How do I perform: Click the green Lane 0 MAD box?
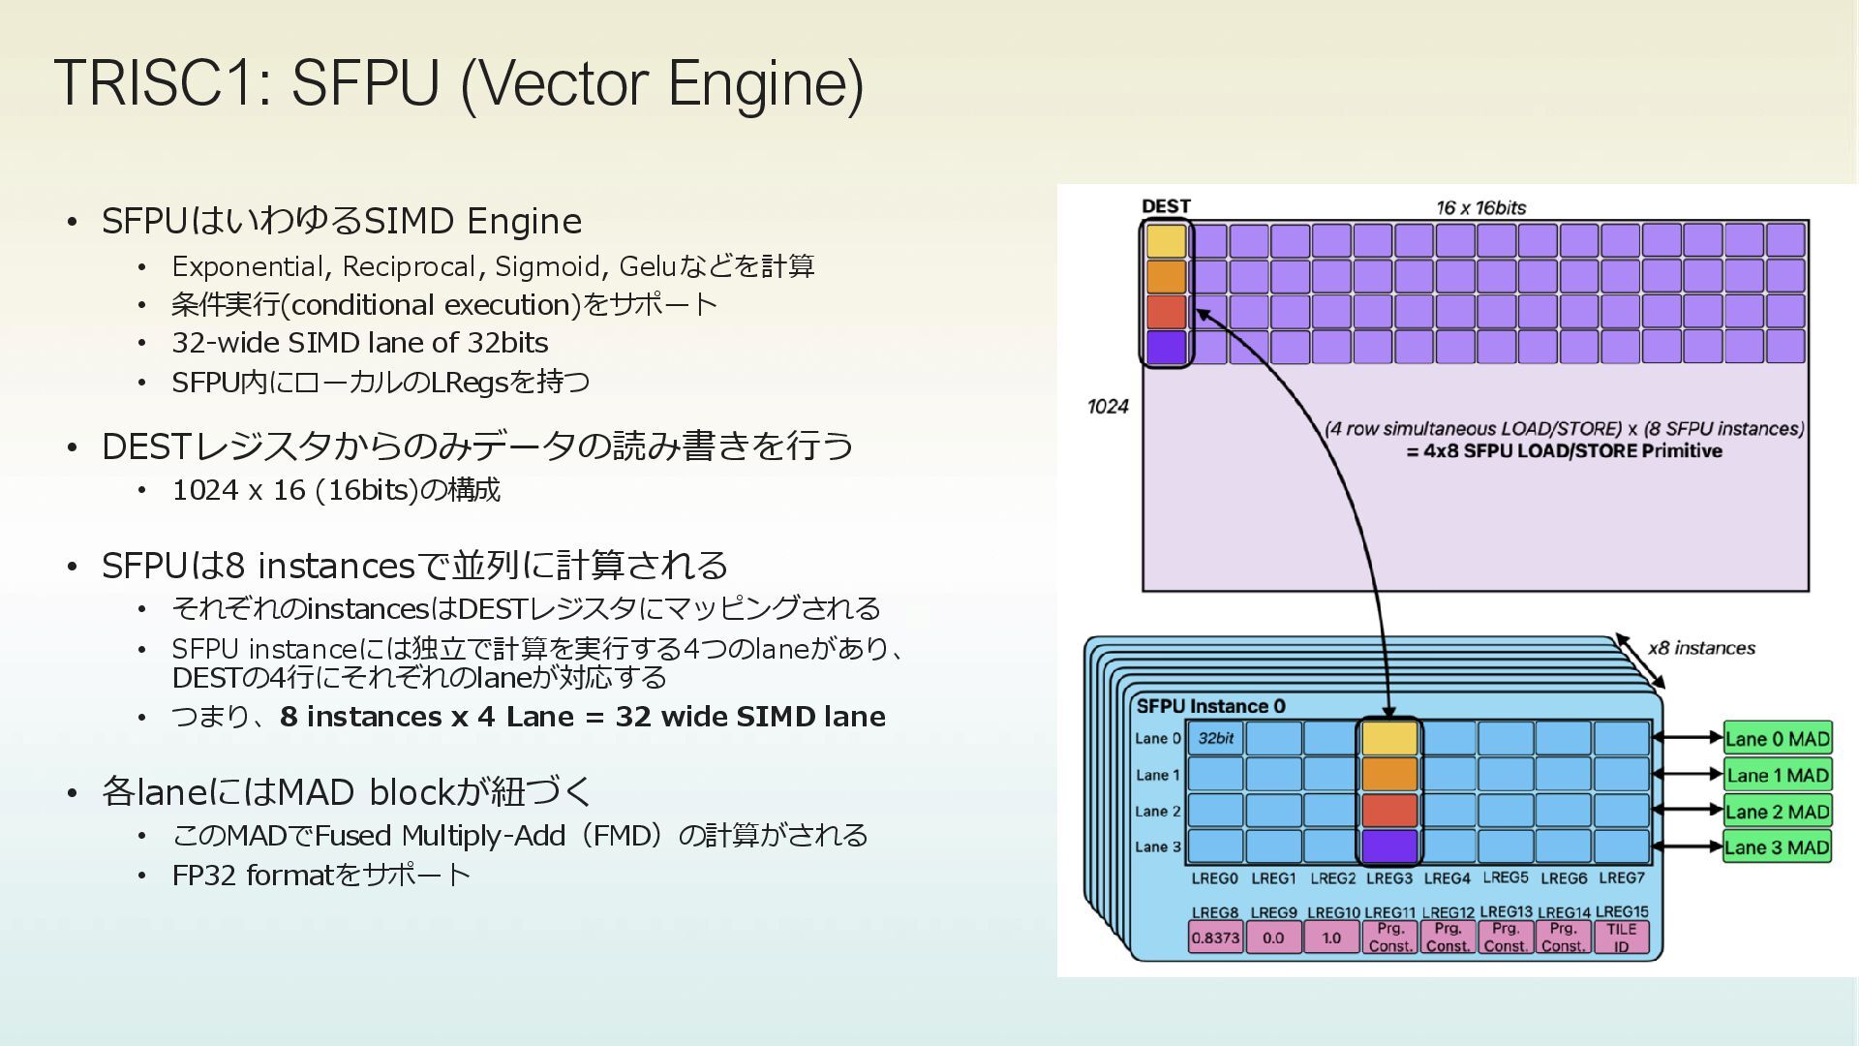(x=1777, y=739)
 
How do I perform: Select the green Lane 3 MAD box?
(x=1777, y=847)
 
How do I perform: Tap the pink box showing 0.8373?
(x=1215, y=938)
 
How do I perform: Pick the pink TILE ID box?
(x=1621, y=938)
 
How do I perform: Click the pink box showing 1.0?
(x=1331, y=938)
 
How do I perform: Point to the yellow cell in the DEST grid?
(x=1166, y=241)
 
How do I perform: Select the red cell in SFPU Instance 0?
(x=1389, y=811)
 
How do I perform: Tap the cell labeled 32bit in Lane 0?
(x=1215, y=739)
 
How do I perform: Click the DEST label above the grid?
(x=1166, y=206)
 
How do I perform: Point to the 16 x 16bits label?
(x=1480, y=207)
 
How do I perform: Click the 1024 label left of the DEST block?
(x=1108, y=406)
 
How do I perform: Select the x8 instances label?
(x=1701, y=648)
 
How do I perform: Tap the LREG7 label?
(x=1621, y=877)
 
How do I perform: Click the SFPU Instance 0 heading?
(x=1210, y=706)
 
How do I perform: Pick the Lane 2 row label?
(x=1157, y=812)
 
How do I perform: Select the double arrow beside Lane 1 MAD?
(x=1687, y=775)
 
